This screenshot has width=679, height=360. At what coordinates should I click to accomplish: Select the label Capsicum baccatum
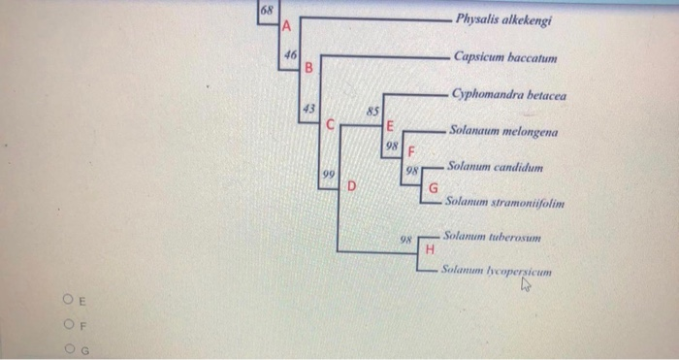pos(504,58)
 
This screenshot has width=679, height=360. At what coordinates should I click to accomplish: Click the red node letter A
pos(286,26)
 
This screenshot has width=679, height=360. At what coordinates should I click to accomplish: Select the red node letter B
pos(308,69)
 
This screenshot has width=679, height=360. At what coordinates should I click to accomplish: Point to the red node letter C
pos(331,125)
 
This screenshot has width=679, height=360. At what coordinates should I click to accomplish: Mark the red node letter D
pos(352,183)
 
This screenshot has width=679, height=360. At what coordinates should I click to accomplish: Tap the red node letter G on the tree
pos(434,186)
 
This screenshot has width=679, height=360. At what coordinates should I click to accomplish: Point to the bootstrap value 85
pos(372,112)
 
